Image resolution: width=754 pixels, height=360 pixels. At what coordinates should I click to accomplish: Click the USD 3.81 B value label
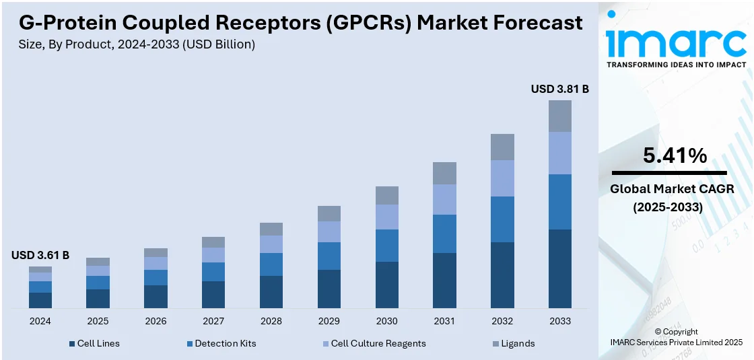pos(559,89)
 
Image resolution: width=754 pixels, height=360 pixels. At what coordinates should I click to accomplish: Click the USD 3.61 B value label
pos(40,255)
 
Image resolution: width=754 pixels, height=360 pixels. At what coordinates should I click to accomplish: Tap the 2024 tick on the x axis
pos(40,321)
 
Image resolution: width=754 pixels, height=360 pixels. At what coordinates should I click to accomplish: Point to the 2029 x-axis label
pos(329,321)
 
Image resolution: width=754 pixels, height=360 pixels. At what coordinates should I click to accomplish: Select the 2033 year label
pos(560,321)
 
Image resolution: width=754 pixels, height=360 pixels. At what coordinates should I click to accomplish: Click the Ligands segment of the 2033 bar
pos(560,116)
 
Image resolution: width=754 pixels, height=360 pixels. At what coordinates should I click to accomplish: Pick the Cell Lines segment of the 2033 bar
pos(560,268)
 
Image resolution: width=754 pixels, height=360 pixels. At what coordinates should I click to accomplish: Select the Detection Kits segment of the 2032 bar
pos(502,219)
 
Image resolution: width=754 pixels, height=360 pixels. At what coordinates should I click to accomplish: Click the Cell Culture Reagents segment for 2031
pos(444,199)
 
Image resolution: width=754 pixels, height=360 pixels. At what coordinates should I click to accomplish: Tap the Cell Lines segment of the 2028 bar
pos(271,292)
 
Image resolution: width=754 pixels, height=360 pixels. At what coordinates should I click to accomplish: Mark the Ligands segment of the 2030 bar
pos(387,195)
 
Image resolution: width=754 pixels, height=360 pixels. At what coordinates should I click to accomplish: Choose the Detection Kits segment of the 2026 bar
pos(156,277)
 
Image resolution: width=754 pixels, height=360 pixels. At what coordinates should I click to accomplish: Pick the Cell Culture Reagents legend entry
pos(374,343)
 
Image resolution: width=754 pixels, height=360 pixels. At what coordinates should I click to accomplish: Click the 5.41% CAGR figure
pos(675,156)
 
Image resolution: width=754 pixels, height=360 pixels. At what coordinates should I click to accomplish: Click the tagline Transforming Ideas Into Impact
pos(676,65)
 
